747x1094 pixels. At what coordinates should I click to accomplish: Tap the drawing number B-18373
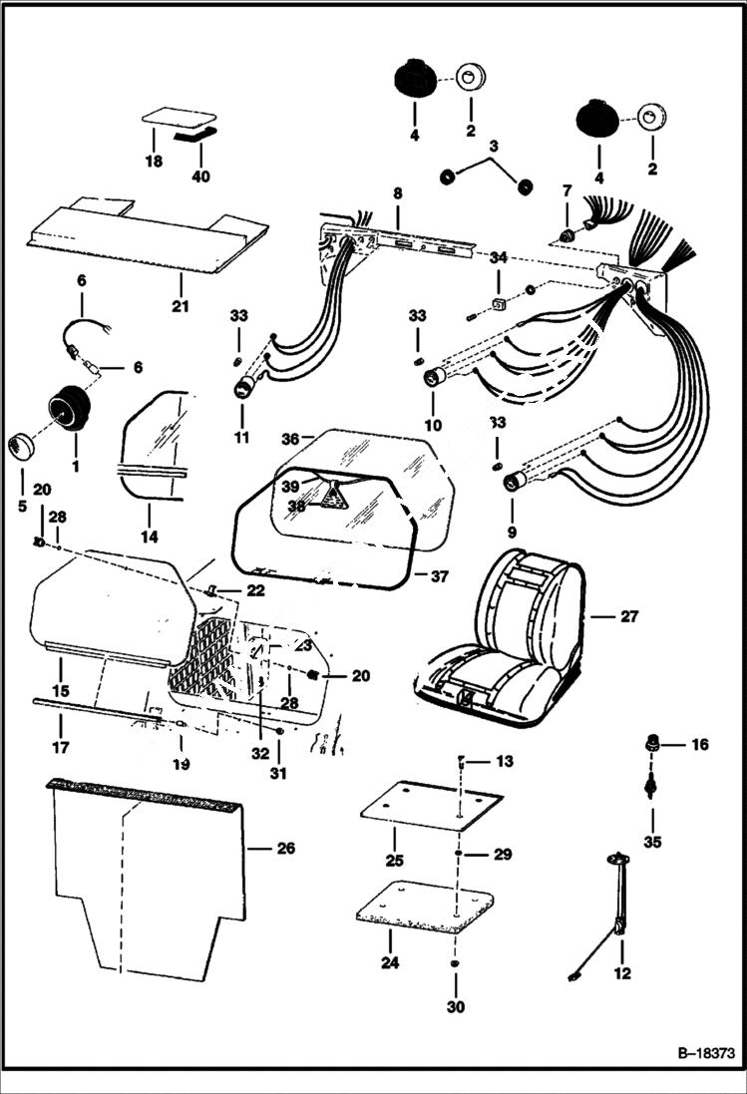pos(702,1053)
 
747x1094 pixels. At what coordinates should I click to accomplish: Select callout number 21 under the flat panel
pos(180,306)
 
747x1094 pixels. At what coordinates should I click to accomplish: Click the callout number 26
pos(286,850)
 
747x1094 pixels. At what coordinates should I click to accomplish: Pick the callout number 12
pos(622,974)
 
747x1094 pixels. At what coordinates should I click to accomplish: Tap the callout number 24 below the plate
pos(389,963)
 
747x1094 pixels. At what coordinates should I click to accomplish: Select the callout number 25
pos(394,860)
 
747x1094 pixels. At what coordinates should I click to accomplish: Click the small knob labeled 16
pos(652,742)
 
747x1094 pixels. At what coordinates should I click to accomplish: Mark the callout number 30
pos(455,1007)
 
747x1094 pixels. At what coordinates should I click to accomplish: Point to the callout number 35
pos(652,842)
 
